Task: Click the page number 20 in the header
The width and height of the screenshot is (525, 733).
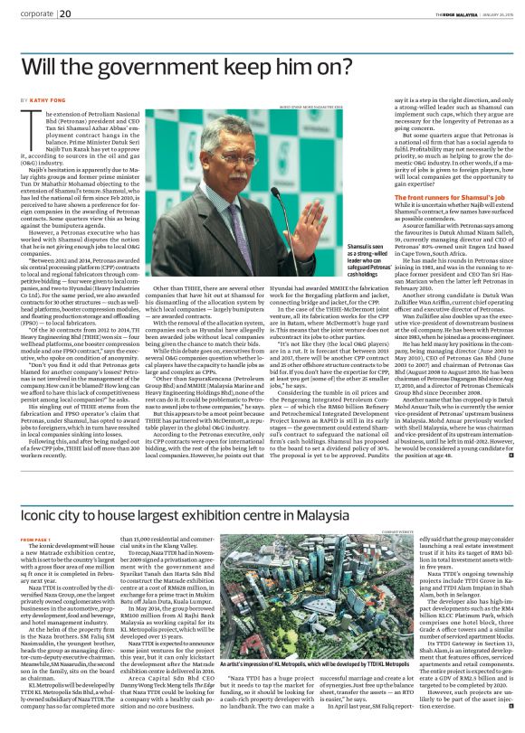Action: pyautogui.click(x=66, y=14)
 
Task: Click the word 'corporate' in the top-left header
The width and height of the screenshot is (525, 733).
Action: pyautogui.click(x=35, y=14)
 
